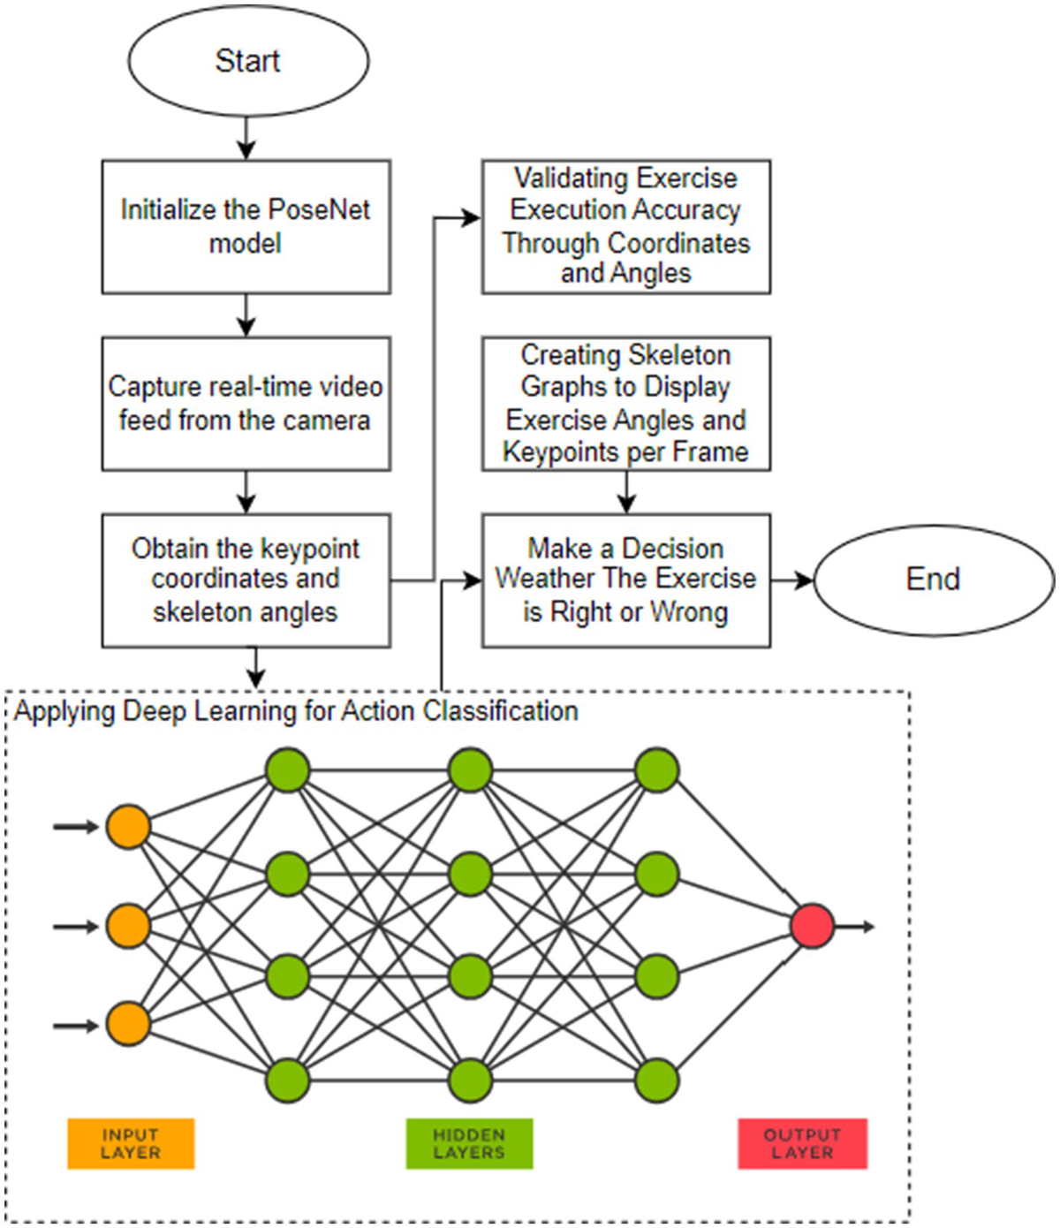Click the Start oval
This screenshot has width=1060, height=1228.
[247, 60]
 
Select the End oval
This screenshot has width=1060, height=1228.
[933, 580]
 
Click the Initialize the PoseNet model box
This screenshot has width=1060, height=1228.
[246, 226]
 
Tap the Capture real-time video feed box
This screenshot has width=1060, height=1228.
[246, 403]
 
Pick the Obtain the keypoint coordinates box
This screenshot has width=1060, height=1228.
[246, 580]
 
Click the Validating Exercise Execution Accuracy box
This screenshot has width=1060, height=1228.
[625, 226]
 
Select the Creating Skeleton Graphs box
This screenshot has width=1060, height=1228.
[625, 403]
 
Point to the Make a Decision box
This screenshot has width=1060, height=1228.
[625, 580]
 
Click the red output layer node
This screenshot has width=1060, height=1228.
[812, 927]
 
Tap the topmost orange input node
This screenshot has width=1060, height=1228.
[128, 827]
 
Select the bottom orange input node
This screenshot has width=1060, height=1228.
[128, 1025]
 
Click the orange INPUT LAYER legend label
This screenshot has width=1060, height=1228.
[131, 1144]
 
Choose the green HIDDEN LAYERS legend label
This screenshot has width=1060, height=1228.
[469, 1144]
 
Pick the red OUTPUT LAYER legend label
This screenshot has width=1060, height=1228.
[802, 1144]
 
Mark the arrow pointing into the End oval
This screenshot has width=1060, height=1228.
[791, 580]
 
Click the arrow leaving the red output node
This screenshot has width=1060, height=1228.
[855, 927]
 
